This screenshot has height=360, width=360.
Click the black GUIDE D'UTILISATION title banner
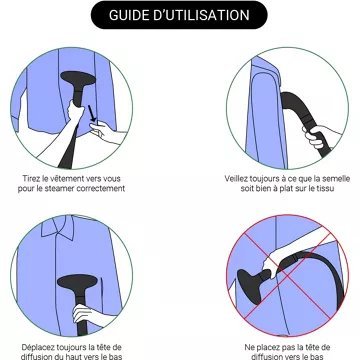point(179,15)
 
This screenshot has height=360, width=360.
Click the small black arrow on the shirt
point(92,114)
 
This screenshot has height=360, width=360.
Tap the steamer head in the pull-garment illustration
point(78,79)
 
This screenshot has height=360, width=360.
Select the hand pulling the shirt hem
point(103,132)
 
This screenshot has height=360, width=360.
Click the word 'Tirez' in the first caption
point(30,179)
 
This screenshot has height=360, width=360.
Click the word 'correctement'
point(101,188)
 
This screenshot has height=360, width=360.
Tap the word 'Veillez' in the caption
point(236,179)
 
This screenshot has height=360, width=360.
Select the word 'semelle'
point(337,179)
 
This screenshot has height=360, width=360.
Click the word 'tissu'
point(326,188)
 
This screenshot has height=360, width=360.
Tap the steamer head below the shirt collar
point(77,282)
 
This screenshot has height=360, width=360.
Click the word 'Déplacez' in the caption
point(37,347)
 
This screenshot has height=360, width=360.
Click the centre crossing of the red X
point(287,275)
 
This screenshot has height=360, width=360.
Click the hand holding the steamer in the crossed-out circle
point(274,262)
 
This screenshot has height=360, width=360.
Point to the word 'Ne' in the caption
point(249,347)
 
